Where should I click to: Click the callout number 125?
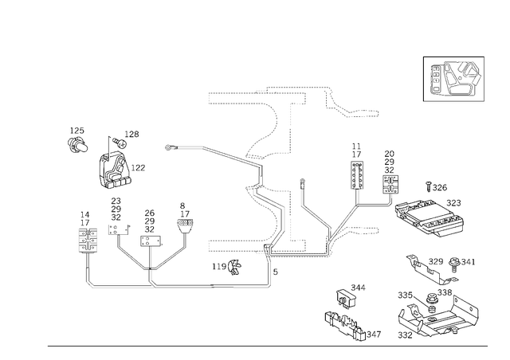click(x=77, y=131)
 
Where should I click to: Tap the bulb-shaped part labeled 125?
click(x=77, y=145)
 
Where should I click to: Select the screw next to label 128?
click(x=120, y=142)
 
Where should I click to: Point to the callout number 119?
click(x=219, y=267)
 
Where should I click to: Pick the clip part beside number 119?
click(x=235, y=267)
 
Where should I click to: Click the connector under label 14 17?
click(x=88, y=241)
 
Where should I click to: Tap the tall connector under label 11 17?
click(x=357, y=175)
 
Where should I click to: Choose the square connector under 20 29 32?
click(x=390, y=185)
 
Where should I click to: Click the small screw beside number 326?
click(x=429, y=186)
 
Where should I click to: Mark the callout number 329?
click(x=436, y=261)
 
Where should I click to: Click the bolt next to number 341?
click(x=453, y=264)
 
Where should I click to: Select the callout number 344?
click(x=358, y=288)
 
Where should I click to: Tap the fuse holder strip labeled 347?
click(x=345, y=326)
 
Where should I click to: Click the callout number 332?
click(x=405, y=335)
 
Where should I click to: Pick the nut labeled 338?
click(x=431, y=299)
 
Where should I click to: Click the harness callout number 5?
click(x=276, y=272)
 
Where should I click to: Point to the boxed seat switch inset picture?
click(x=453, y=79)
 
